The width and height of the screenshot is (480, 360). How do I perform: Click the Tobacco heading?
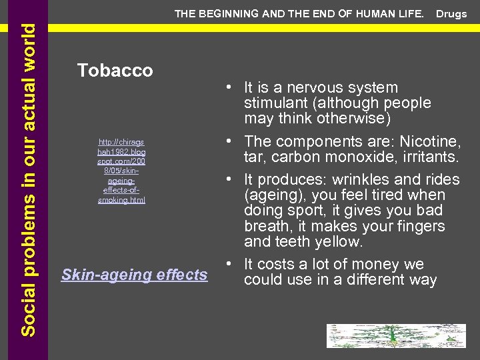pyautogui.click(x=115, y=70)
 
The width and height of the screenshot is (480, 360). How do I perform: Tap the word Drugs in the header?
pyautogui.click(x=451, y=14)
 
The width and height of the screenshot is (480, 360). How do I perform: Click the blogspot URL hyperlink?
pyautogui.click(x=121, y=171)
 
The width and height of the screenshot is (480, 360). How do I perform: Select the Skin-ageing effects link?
pyautogui.click(x=134, y=274)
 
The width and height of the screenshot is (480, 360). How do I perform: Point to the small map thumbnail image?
pyautogui.click(x=395, y=336)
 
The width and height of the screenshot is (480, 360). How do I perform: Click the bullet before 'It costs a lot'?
pyautogui.click(x=228, y=264)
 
